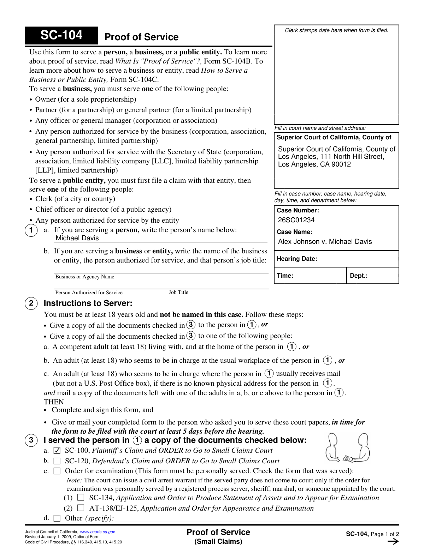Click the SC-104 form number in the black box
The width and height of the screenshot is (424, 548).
61,35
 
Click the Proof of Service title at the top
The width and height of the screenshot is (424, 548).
141,37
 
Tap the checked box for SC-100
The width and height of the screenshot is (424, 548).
57,451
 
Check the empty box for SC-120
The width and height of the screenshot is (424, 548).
57,461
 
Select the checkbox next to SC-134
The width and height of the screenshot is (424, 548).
81,498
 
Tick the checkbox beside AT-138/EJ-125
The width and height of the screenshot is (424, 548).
81,508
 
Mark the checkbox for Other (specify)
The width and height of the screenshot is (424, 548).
57,518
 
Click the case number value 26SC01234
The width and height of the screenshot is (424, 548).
296,220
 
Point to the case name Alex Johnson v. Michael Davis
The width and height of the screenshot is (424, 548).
325,242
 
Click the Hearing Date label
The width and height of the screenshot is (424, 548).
297,259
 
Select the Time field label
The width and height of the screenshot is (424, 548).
285,276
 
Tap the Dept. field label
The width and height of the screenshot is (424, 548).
358,276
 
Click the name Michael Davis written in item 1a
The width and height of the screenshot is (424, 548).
77,238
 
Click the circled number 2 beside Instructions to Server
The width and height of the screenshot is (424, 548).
31,303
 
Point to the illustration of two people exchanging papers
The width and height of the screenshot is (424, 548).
347,448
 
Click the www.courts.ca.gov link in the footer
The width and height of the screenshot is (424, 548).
98,532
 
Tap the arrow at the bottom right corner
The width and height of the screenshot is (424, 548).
393,542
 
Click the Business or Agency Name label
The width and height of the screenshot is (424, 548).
85,277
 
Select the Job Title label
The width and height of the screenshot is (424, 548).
178,292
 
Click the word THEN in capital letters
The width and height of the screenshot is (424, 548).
54,402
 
